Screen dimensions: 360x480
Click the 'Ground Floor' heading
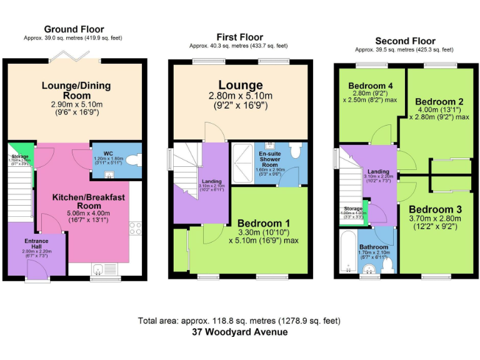[x=74, y=29]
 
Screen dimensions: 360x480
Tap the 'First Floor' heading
[x=239, y=37]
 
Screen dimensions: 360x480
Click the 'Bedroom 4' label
[x=371, y=86]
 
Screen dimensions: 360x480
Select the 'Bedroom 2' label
[x=439, y=101]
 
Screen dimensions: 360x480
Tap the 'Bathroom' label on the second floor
[x=374, y=247]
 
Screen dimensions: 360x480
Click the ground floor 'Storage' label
[x=19, y=156]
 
